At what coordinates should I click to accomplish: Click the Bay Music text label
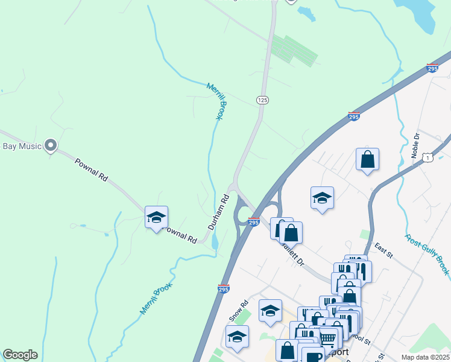tap(22, 146)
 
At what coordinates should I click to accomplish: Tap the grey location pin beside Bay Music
tap(51, 145)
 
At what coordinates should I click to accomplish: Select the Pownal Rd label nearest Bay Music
tap(91, 170)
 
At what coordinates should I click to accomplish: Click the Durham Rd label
tap(219, 211)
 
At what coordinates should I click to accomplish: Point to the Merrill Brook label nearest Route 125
tap(215, 101)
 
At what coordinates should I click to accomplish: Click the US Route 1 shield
tap(427, 157)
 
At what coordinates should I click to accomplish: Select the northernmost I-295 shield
tap(432, 69)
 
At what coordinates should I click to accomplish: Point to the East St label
tap(383, 251)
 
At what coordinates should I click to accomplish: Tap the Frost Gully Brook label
tap(427, 254)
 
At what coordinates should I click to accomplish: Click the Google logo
tap(20, 354)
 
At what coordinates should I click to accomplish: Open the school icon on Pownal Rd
tap(156, 218)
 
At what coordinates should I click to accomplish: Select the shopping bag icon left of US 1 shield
tap(367, 160)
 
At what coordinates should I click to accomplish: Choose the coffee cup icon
tap(313, 356)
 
